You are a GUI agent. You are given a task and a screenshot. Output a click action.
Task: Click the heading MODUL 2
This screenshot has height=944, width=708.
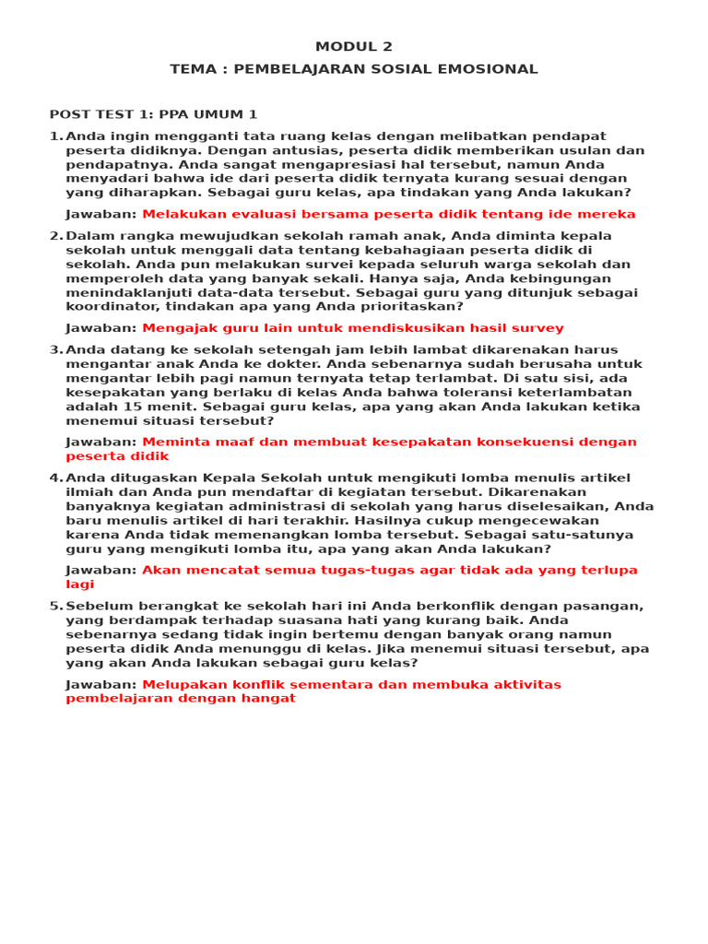pyautogui.click(x=354, y=47)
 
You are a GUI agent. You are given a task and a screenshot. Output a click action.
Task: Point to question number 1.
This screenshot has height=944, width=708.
pyautogui.click(x=54, y=136)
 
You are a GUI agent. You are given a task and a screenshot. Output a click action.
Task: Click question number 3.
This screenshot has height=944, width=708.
pyautogui.click(x=54, y=349)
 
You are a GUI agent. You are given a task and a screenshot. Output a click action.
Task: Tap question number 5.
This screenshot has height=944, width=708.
pyautogui.click(x=54, y=606)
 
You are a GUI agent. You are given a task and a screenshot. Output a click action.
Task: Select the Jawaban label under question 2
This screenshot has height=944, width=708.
pyautogui.click(x=101, y=328)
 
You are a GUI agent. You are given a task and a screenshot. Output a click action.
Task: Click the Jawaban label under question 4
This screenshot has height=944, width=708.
pyautogui.click(x=101, y=570)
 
